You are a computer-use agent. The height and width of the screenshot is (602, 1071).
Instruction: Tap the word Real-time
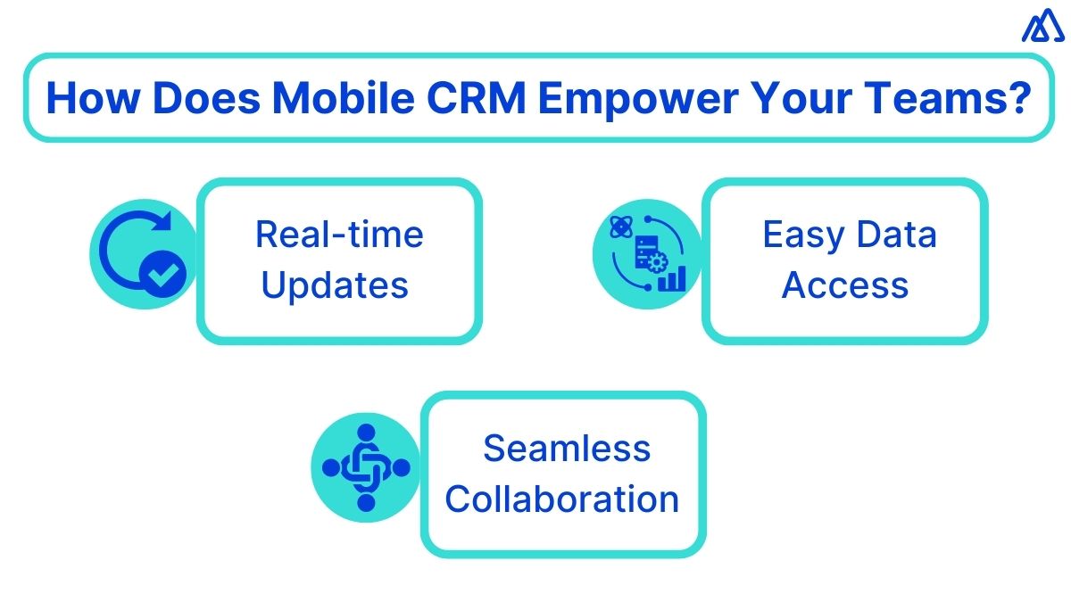click(x=339, y=235)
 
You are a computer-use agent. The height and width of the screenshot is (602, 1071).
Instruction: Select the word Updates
click(x=336, y=285)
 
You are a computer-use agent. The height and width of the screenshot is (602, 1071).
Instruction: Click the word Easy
click(x=800, y=235)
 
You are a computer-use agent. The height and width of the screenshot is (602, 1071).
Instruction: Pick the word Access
click(x=845, y=285)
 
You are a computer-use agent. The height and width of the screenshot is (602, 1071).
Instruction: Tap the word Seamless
click(x=567, y=448)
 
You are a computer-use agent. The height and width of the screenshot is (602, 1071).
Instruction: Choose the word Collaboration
click(x=562, y=499)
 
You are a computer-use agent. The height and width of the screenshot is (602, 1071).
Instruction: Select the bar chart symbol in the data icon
click(x=672, y=278)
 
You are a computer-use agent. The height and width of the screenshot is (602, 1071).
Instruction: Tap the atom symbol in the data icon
click(x=619, y=227)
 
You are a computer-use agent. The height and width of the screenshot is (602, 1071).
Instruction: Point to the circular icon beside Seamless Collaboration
click(x=366, y=466)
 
